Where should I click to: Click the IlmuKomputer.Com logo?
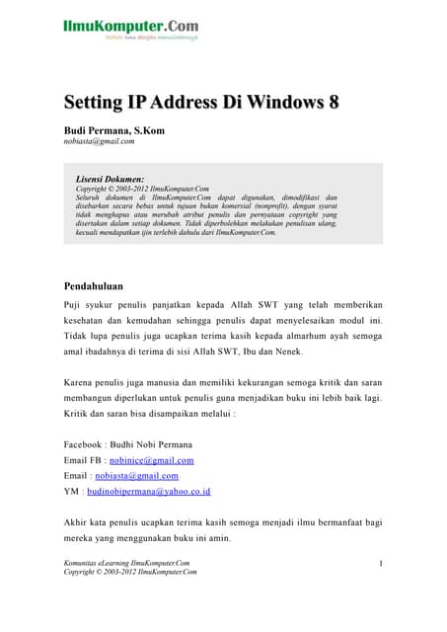129,28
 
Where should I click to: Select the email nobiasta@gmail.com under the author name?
99,141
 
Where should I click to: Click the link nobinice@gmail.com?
154,460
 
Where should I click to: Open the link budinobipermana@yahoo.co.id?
147,491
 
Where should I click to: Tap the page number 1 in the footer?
381,563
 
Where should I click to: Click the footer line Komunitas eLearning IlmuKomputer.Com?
127,563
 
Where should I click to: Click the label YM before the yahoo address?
71,491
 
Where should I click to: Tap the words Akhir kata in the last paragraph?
88,521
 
